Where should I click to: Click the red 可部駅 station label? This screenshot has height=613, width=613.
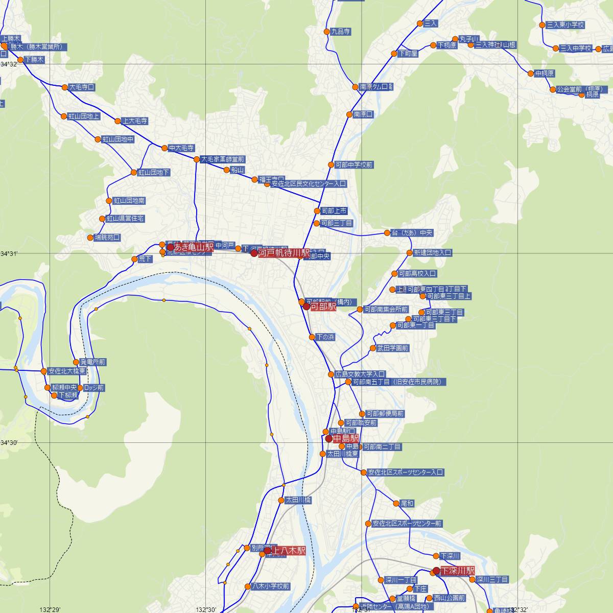323,306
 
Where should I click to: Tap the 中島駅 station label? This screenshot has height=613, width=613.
346,438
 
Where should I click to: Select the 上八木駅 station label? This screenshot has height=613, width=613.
288,551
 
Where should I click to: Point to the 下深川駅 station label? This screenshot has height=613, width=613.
458,570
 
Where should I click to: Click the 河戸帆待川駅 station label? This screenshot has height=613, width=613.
284,253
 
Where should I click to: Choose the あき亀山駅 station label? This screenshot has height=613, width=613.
194,247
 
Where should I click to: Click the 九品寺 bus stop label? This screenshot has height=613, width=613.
341,32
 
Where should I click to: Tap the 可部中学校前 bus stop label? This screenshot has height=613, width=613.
355,165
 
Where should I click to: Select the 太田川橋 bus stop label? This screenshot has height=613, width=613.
298,500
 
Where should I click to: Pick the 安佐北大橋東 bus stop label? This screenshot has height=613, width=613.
67,371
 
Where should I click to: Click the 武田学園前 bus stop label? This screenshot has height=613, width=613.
393,348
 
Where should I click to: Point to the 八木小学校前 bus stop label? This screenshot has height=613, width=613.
271,586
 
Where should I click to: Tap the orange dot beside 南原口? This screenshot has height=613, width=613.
349,114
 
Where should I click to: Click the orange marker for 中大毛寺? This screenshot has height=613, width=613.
164,148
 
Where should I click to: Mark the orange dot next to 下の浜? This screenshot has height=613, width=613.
312,337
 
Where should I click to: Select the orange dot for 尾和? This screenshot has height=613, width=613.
396,504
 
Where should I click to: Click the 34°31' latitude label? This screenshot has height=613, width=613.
10,253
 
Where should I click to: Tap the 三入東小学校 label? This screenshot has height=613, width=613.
565,25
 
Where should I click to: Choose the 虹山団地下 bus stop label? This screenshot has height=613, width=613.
154,173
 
